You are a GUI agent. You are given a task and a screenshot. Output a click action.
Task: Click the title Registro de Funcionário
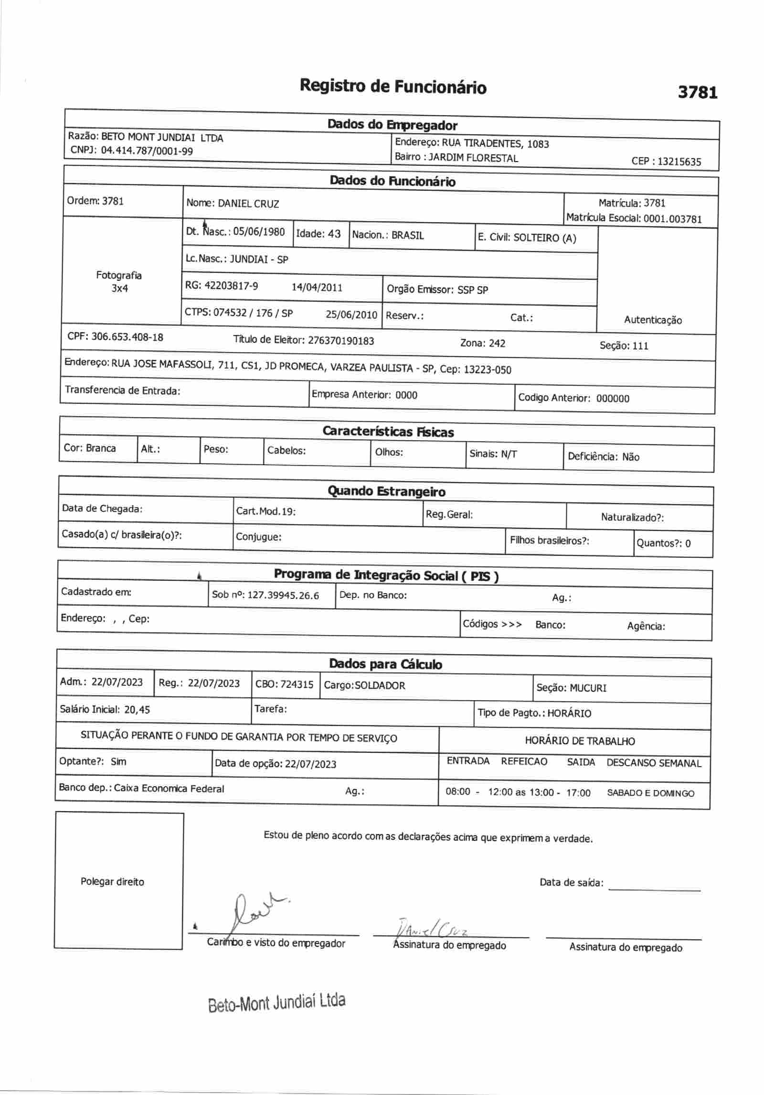(393, 87)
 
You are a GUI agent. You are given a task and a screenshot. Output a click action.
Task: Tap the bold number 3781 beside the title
(698, 91)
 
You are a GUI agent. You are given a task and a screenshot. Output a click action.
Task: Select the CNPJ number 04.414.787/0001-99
(147, 151)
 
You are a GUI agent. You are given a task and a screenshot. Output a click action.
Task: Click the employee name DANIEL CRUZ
(248, 204)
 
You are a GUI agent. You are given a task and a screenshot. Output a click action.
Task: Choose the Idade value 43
(333, 234)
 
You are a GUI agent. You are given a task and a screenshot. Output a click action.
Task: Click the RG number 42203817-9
(231, 286)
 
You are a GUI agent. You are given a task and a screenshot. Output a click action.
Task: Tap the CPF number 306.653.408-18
(127, 337)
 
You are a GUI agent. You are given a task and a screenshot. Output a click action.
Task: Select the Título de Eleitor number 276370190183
(341, 341)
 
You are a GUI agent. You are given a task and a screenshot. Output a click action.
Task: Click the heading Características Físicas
(388, 432)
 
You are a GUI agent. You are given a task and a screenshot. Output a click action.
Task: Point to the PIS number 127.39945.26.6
(283, 596)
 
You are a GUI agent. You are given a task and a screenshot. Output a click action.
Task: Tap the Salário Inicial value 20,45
(137, 709)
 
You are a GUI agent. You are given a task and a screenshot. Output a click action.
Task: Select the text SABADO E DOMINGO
(650, 793)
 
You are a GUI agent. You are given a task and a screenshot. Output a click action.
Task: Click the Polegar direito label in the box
(112, 882)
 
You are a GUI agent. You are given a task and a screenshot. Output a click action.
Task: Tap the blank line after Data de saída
(654, 887)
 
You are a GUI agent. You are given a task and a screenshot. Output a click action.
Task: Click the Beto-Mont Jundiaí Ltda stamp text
(276, 1002)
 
